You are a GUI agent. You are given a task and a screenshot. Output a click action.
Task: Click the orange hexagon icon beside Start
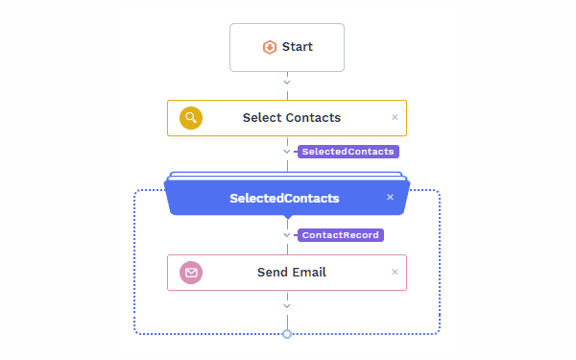click(270, 47)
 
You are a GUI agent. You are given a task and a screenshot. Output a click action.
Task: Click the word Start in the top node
click(298, 47)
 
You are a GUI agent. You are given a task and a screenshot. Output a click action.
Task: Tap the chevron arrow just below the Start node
click(287, 83)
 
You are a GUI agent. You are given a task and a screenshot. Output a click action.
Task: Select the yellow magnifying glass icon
click(191, 118)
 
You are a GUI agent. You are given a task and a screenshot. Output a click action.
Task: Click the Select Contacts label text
click(291, 118)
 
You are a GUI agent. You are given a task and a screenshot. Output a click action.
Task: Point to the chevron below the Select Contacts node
click(287, 152)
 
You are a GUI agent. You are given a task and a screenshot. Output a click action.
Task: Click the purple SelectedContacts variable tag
click(348, 152)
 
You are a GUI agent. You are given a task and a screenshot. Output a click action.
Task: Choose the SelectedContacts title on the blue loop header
click(284, 199)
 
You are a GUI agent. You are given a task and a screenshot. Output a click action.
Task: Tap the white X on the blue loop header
click(390, 197)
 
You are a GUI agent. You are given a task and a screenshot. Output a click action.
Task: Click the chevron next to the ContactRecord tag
click(287, 235)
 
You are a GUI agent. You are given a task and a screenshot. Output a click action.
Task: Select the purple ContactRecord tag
click(341, 235)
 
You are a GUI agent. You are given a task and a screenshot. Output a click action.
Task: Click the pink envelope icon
click(191, 273)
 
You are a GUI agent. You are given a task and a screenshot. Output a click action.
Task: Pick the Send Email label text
click(291, 273)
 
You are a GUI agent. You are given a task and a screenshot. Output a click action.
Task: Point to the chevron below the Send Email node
click(287, 306)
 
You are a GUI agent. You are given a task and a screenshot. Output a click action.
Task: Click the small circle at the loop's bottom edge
click(287, 334)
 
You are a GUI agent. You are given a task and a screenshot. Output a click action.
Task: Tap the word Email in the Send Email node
click(309, 273)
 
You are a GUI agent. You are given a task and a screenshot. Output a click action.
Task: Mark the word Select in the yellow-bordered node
click(262, 118)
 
